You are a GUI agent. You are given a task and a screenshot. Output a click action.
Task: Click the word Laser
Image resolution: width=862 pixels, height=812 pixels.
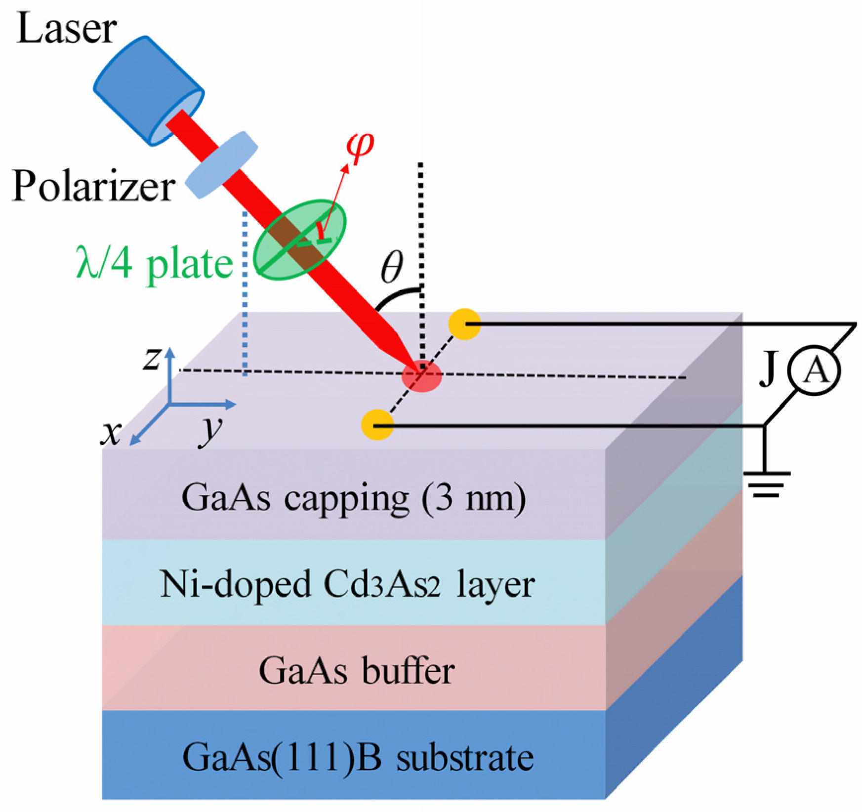pos(66,29)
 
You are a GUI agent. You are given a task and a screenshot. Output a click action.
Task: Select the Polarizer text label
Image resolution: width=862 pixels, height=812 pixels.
pos(93,187)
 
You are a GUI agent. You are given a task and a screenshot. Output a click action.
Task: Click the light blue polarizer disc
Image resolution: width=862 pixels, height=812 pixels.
pos(221,164)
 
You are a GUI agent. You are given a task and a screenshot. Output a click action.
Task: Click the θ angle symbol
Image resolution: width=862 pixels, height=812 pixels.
pos(392,267)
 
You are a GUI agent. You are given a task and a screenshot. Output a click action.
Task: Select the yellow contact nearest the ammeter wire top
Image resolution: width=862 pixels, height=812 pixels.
pos(464,324)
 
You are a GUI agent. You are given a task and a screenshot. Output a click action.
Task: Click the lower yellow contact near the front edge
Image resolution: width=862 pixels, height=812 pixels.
pos(377,424)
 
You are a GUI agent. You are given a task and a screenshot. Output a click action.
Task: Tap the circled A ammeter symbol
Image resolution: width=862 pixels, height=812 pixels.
pos(814,370)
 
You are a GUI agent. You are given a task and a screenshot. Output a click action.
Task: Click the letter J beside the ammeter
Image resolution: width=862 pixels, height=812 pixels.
pos(769,369)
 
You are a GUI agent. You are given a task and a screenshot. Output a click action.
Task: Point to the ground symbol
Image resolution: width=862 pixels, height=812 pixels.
pos(766,485)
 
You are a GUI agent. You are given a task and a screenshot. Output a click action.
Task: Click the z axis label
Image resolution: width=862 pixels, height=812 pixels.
pos(152,358)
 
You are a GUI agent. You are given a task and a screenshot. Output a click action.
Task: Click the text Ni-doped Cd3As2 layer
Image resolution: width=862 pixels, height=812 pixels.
pos(347,584)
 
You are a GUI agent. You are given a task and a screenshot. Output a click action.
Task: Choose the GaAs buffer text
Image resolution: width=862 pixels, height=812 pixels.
pos(356,671)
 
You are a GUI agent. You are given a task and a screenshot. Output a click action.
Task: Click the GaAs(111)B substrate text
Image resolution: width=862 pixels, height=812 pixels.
pos(358,757)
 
